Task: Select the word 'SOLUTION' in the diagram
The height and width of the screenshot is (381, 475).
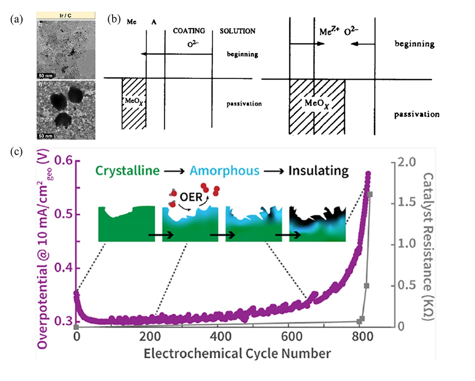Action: pyautogui.click(x=237, y=32)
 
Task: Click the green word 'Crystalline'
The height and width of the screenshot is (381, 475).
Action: pyautogui.click(x=126, y=171)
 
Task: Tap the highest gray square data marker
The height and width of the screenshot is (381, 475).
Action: pyautogui.click(x=370, y=194)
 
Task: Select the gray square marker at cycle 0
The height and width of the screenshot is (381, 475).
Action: pyautogui.click(x=76, y=327)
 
